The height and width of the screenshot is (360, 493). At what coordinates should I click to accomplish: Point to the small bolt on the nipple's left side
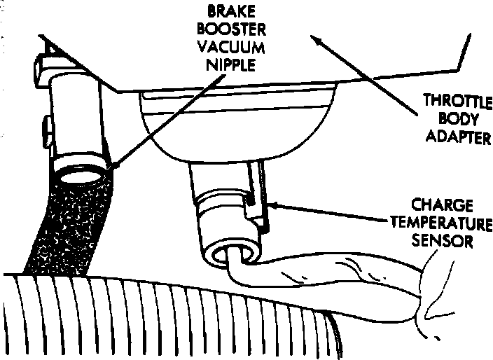click(x=44, y=130)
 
